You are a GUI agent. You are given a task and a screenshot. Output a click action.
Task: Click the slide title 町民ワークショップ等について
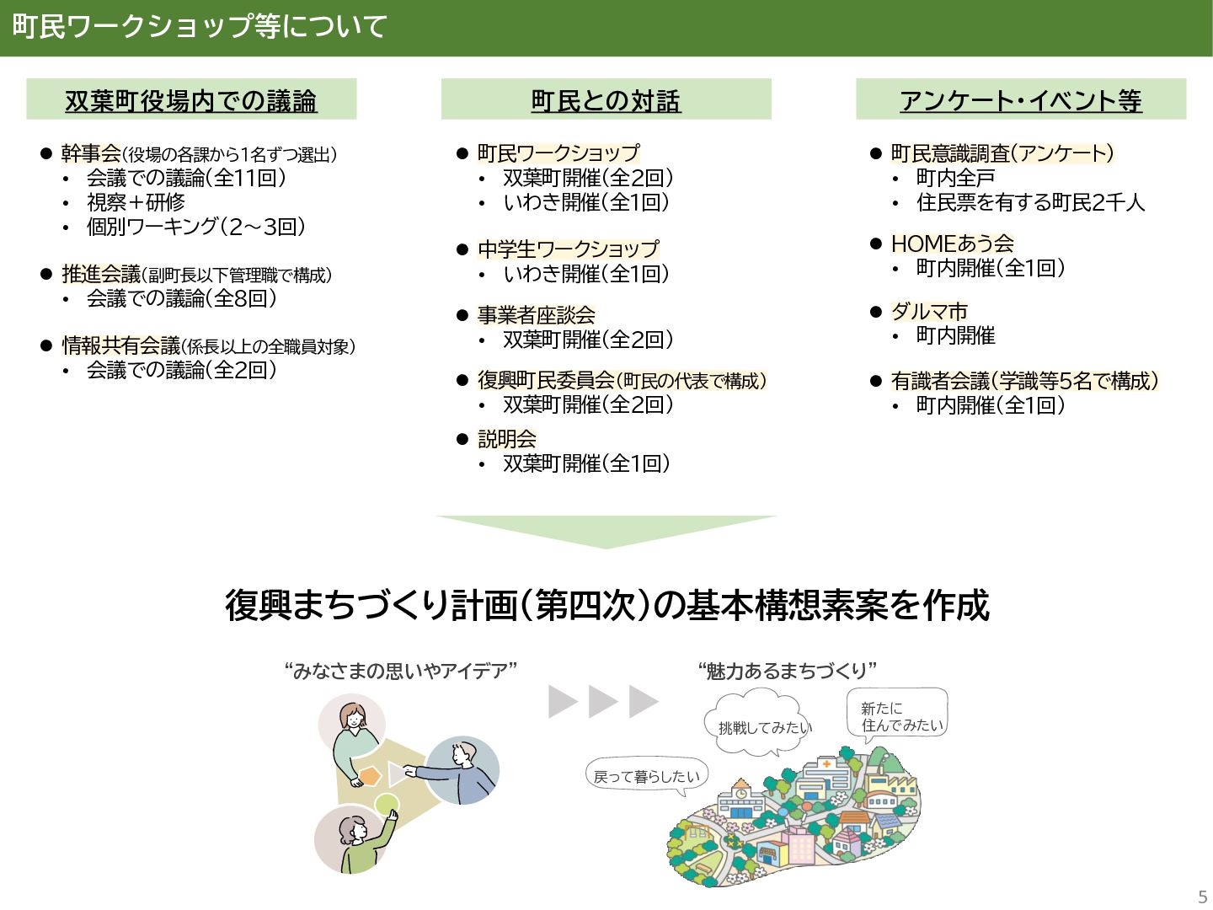[x=200, y=27]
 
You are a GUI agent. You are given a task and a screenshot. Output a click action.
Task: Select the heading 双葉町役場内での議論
[x=191, y=100]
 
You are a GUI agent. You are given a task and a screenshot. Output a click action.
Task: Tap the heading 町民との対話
[x=606, y=100]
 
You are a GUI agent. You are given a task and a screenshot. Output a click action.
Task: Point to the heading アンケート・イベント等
[x=1020, y=100]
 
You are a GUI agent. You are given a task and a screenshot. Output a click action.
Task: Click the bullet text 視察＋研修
[x=136, y=202]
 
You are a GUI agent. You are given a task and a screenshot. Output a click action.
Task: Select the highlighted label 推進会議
[x=101, y=274]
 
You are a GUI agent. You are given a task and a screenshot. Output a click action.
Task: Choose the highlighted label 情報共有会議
[x=121, y=345]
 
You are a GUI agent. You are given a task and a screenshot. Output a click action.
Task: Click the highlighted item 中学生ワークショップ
[x=568, y=249]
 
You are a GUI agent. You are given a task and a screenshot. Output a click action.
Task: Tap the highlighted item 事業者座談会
[x=536, y=315]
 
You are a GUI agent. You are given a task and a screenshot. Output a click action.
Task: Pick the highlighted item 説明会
[x=506, y=439]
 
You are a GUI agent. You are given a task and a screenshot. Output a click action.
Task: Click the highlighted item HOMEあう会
[x=952, y=244]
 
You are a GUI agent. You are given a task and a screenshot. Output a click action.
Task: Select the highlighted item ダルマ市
[x=929, y=311]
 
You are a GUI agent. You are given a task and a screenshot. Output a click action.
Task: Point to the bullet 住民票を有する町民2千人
[x=1030, y=202]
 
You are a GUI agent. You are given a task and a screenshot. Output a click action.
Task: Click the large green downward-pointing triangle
[x=606, y=529]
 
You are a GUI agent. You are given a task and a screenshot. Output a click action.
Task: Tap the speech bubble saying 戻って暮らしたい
[x=646, y=776]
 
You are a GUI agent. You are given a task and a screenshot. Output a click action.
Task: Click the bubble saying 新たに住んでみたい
[x=898, y=716]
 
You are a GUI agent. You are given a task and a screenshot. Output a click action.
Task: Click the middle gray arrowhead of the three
[x=603, y=701]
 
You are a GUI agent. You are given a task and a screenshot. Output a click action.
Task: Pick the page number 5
[x=1202, y=897]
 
